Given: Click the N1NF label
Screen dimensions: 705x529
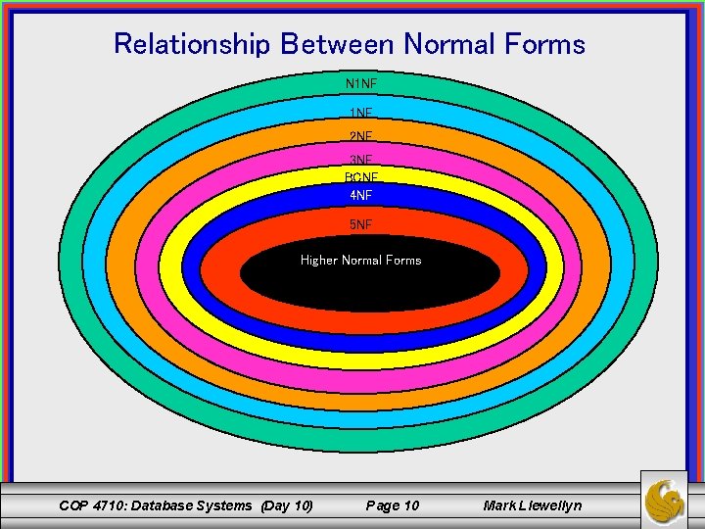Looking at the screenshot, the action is [x=361, y=84].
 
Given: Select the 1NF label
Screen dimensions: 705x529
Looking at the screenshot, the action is [x=361, y=114].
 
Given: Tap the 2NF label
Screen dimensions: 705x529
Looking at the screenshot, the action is [x=361, y=136].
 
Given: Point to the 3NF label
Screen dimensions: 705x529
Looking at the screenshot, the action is [x=361, y=159].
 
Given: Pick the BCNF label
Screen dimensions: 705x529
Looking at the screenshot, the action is [x=361, y=177].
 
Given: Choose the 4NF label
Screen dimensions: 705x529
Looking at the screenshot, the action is [x=361, y=195].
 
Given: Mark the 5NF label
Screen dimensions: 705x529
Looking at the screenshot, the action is [x=361, y=224].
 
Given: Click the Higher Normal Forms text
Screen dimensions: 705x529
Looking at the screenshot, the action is [x=360, y=261].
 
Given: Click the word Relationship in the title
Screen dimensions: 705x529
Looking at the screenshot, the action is [x=193, y=44].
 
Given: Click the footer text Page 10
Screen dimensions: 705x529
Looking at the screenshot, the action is [x=392, y=505].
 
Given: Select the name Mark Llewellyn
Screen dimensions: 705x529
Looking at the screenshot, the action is [x=532, y=505].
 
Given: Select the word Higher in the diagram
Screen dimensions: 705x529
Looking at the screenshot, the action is [x=318, y=261].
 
